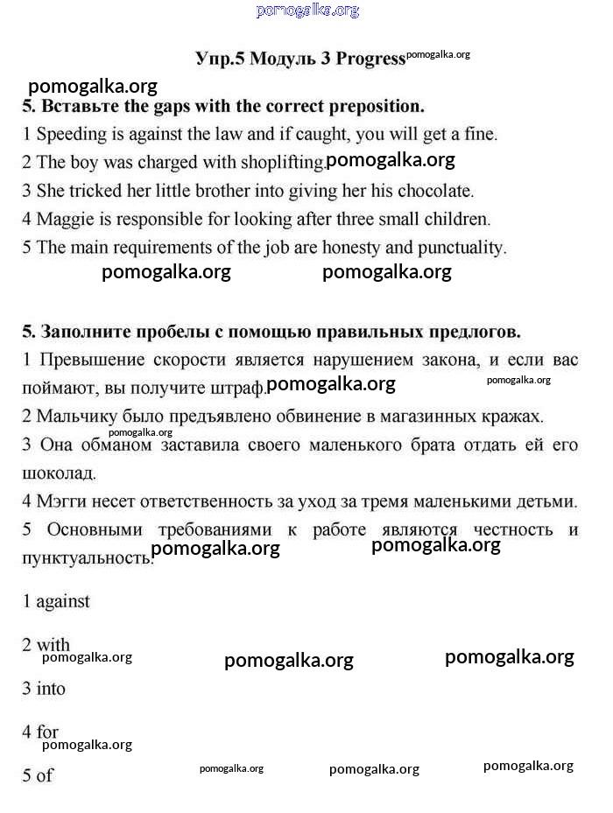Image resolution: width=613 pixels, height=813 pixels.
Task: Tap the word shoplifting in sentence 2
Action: [278, 162]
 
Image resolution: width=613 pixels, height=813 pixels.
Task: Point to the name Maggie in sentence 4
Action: [63, 219]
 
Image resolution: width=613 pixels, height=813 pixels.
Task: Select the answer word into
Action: [51, 689]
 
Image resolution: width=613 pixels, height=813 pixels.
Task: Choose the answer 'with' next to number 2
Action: [53, 645]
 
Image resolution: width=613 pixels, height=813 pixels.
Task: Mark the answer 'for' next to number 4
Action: [47, 732]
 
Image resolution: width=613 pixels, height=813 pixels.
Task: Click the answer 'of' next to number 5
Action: [45, 775]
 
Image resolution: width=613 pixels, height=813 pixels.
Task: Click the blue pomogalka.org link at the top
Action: [307, 11]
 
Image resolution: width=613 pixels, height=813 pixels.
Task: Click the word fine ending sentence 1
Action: [480, 135]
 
